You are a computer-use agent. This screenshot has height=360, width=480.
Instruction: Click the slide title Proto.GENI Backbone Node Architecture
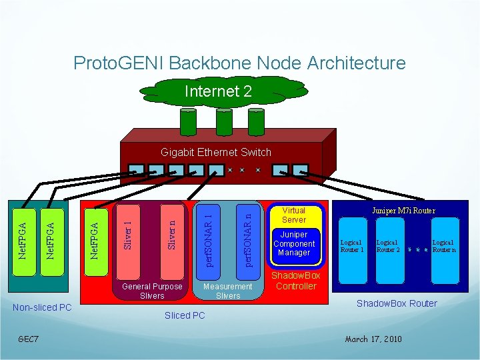coord(239,63)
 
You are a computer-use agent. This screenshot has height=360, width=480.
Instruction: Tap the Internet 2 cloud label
coord(218,91)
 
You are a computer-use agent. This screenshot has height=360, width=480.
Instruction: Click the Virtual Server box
coord(294,215)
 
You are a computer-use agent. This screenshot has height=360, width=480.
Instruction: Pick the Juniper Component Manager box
coord(294,244)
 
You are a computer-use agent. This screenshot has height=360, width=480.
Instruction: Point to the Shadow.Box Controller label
coord(295,281)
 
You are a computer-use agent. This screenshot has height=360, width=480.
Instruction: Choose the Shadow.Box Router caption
coord(397,303)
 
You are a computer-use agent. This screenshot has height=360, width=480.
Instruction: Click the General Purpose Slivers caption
coord(153,291)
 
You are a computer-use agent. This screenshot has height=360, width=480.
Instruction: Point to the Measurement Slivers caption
coord(228,291)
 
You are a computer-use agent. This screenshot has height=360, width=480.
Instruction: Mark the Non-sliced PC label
coord(42,307)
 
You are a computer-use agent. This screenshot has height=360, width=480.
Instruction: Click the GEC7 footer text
coord(28,339)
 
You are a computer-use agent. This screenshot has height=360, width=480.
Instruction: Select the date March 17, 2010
coord(373,339)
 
